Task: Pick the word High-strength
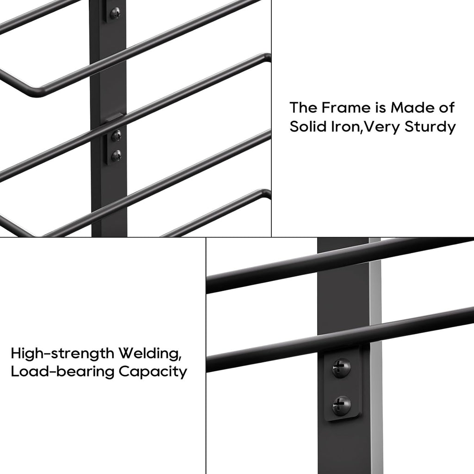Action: [62, 353]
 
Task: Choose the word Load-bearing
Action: [62, 372]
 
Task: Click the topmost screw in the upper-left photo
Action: [115, 13]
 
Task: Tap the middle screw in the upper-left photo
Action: [116, 136]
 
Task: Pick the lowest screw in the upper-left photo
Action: [116, 156]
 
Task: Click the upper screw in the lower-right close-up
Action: [341, 368]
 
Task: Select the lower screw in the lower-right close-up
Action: [342, 405]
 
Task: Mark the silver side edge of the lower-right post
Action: [375, 355]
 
